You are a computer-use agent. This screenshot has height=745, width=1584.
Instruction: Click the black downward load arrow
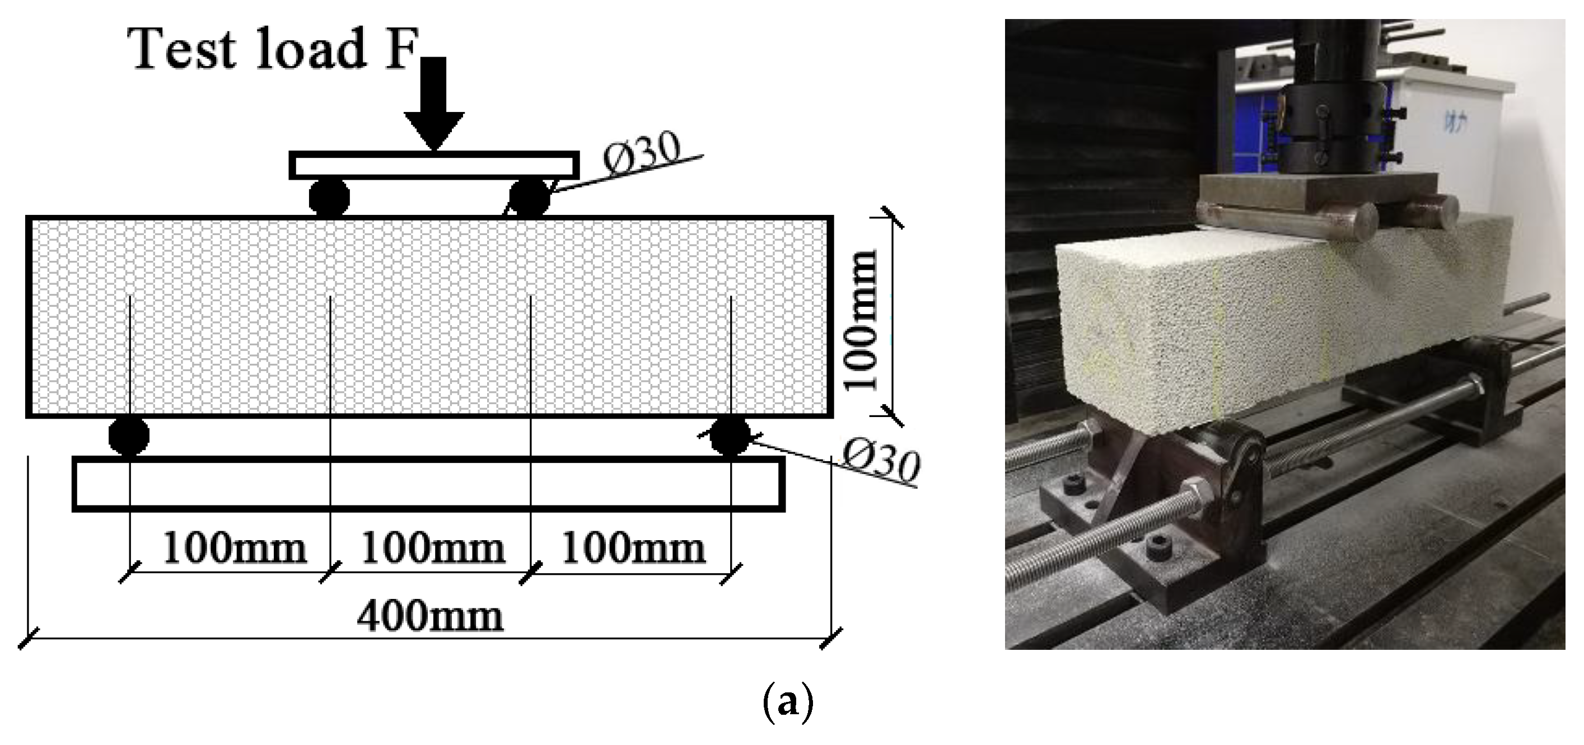434,101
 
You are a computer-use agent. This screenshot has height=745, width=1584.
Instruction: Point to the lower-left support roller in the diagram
129,436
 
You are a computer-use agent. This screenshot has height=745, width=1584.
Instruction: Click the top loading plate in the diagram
434,165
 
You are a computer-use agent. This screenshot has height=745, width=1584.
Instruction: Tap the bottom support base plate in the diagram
428,484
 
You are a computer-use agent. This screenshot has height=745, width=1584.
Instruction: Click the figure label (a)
788,702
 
